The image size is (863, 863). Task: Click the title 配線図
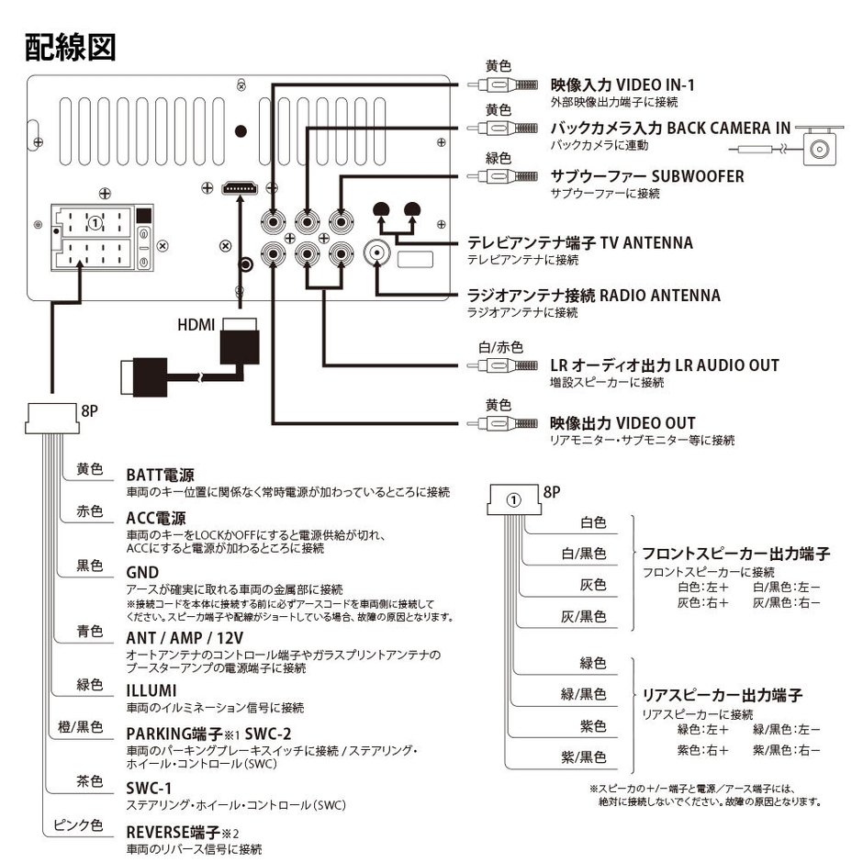click(71, 47)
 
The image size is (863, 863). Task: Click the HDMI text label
click(196, 325)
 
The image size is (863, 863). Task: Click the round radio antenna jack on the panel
click(378, 252)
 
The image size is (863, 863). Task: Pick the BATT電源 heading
click(160, 476)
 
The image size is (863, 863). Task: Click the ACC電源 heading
click(155, 518)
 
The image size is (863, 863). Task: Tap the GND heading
click(142, 573)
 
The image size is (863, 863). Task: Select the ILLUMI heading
click(151, 690)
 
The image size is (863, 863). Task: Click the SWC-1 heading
click(149, 788)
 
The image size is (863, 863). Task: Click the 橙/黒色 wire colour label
click(82, 727)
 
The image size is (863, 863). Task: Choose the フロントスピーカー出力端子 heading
click(735, 554)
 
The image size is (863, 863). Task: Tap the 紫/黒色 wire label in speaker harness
click(583, 757)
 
